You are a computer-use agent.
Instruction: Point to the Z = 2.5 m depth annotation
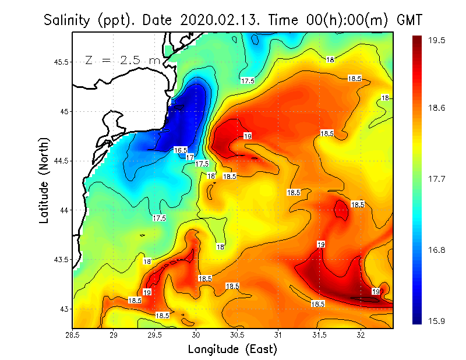coord(122,60)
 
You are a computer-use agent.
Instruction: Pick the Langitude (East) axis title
coord(232,349)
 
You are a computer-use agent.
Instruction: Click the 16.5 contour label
coord(181,150)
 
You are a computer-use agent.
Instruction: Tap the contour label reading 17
coord(189,157)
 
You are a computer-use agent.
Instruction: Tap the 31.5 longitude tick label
coord(319,335)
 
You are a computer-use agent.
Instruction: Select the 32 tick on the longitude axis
coord(361,335)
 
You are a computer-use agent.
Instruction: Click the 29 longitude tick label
coord(114,335)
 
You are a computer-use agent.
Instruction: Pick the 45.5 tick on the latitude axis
coord(60,62)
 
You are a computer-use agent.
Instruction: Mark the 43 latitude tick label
coord(63,309)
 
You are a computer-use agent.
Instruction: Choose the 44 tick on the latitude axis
coord(63,210)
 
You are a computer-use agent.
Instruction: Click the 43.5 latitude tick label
coord(60,259)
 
